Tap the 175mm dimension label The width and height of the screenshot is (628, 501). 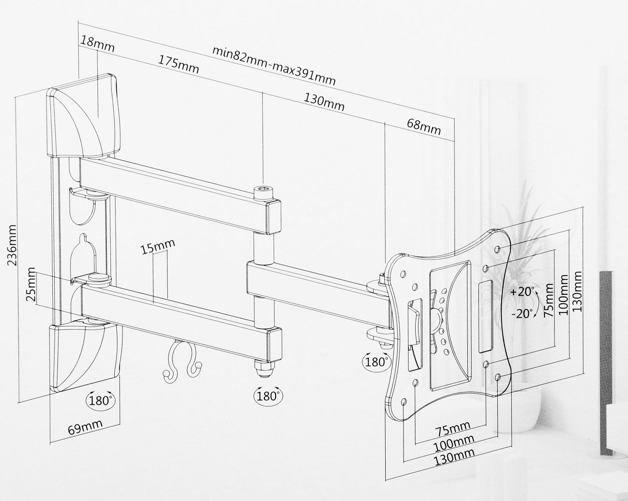pos(178,64)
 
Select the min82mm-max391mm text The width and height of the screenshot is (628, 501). pos(274,65)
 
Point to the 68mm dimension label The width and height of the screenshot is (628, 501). pos(424,126)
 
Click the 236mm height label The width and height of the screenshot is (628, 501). pos(12,244)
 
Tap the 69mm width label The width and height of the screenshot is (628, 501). pos(85,427)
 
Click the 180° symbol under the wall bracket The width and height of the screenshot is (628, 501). pos(100,400)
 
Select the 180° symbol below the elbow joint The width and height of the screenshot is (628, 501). pos(268,395)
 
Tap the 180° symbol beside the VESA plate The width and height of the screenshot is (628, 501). pos(376,361)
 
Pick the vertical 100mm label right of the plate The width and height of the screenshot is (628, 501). pos(564,295)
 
